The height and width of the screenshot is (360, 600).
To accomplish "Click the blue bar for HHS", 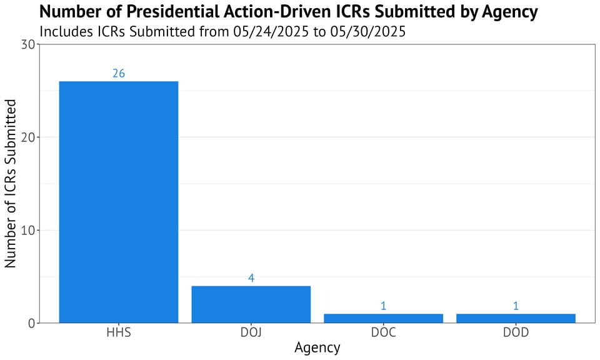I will click(x=119, y=202).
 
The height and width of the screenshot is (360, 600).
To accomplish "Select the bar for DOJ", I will click(x=251, y=304).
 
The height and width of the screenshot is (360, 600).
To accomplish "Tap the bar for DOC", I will click(x=383, y=318).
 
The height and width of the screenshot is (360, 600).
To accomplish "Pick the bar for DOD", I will click(x=516, y=318).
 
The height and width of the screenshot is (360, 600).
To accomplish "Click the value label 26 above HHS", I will click(x=119, y=73).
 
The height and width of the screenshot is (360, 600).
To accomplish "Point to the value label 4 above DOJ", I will click(x=251, y=278).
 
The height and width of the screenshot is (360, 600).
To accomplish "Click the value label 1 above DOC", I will click(x=383, y=306).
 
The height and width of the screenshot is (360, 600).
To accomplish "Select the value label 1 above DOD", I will click(x=516, y=306).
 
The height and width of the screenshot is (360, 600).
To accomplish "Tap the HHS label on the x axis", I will click(x=119, y=332).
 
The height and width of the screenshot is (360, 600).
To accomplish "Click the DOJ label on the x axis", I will click(x=251, y=332).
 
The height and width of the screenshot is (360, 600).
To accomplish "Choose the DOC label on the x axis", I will click(x=383, y=332).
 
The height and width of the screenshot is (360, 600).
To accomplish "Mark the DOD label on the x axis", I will click(x=516, y=332).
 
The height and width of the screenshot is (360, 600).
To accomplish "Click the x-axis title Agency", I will click(x=317, y=347).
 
